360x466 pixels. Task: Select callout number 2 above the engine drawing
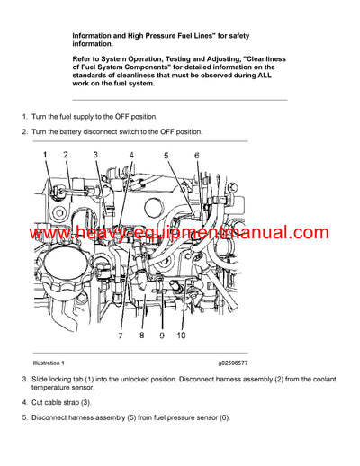pyautogui.click(x=65, y=156)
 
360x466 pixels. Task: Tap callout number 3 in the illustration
pyautogui.click(x=96, y=156)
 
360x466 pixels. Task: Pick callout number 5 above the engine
pyautogui.click(x=166, y=156)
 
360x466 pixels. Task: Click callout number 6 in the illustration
pyautogui.click(x=197, y=156)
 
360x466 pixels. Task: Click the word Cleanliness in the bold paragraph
pyautogui.click(x=260, y=58)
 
